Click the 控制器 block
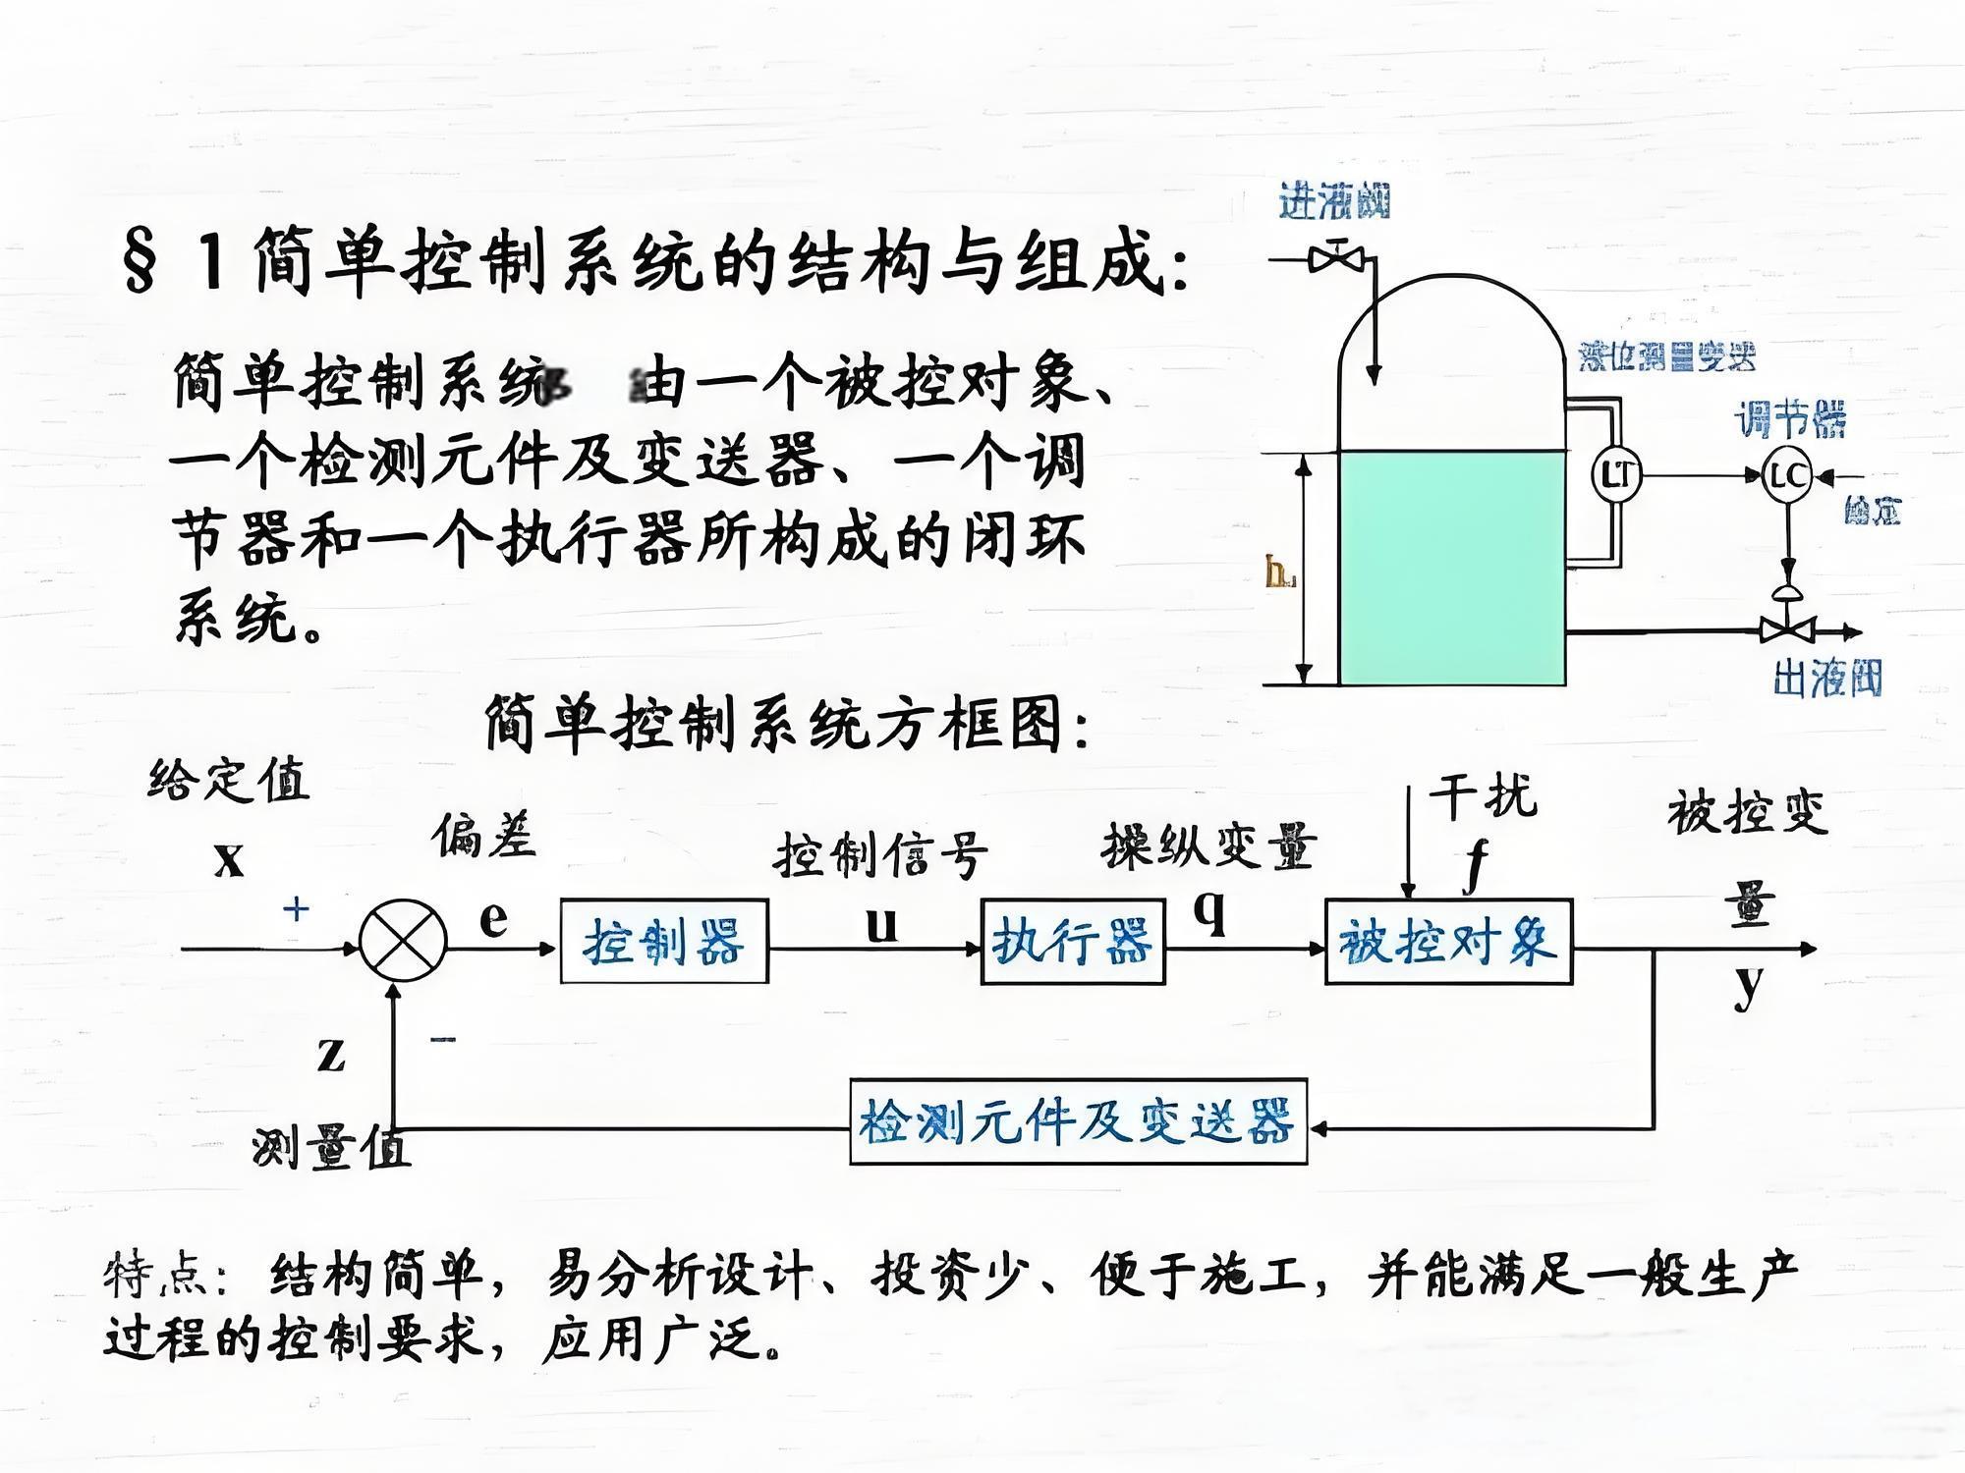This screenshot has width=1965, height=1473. tap(664, 942)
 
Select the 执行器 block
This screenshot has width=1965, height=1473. tap(1073, 942)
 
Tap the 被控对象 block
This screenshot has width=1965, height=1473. tap(1448, 942)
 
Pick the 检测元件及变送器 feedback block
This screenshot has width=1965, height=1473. tap(1078, 1122)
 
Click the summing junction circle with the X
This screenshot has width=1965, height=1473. tap(403, 942)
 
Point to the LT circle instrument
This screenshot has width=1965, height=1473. tap(1616, 475)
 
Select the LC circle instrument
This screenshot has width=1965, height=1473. tap(1787, 476)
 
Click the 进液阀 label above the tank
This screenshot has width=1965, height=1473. tap(1334, 202)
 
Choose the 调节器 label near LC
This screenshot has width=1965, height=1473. tap(1790, 419)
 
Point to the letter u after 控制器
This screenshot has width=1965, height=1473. tap(881, 924)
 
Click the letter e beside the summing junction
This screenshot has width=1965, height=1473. tap(493, 918)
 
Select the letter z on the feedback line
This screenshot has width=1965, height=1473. tap(331, 1054)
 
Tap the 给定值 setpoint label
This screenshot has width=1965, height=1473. tap(229, 781)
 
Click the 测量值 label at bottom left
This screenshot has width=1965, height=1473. tap(330, 1147)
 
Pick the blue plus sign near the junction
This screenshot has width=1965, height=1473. tap(296, 909)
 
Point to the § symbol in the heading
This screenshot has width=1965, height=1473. tap(140, 260)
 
